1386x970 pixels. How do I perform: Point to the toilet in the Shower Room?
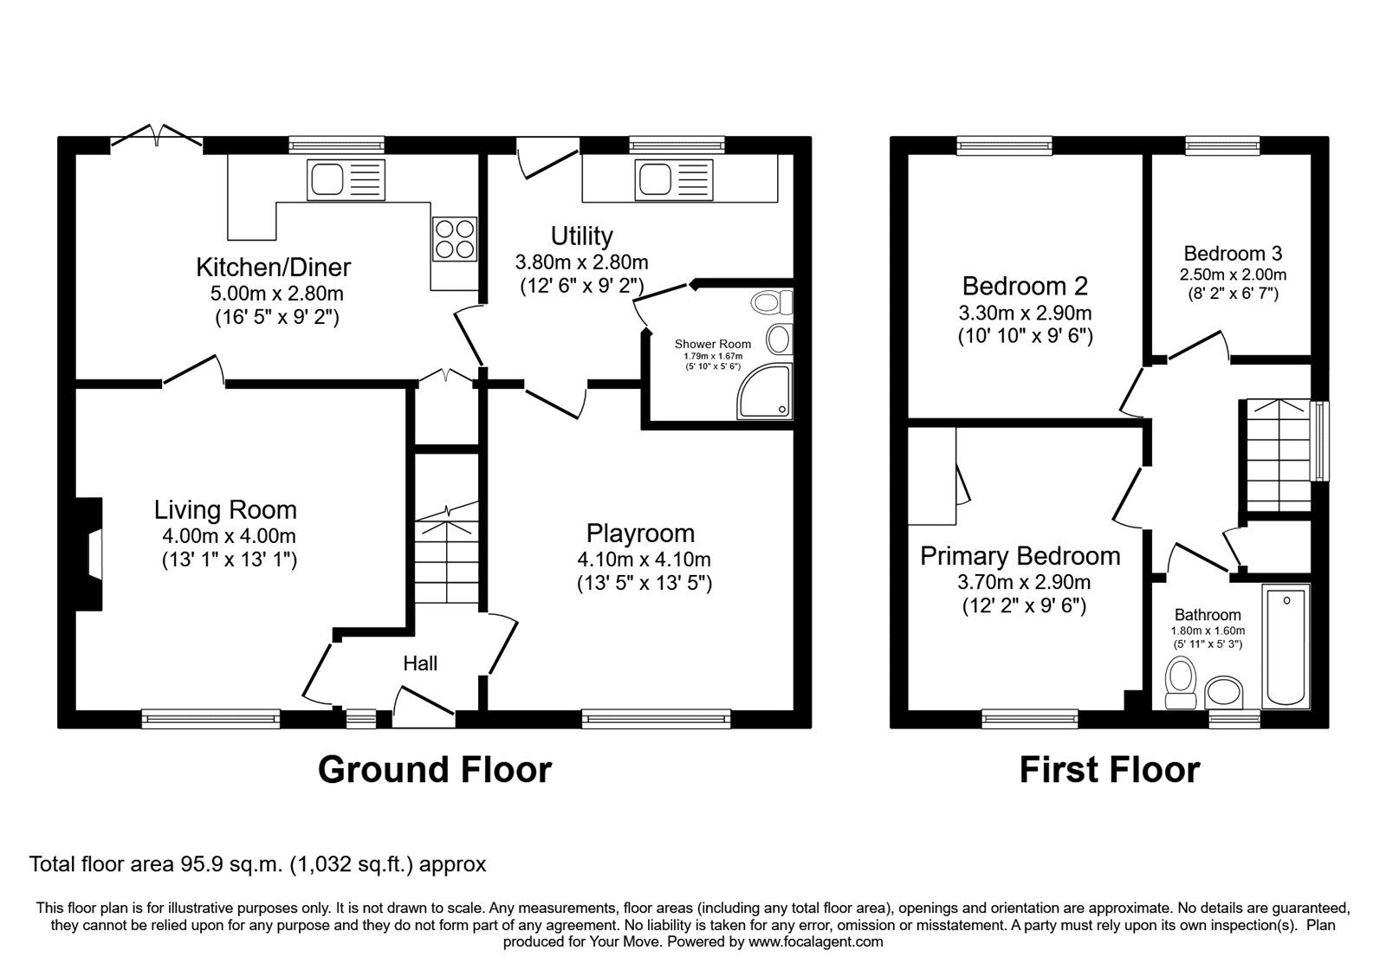point(771,302)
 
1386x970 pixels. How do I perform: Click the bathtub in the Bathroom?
point(1286,645)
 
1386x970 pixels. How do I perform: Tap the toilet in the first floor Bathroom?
point(1181,682)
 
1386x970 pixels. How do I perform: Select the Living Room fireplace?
point(90,554)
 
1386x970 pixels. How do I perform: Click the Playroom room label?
point(640,533)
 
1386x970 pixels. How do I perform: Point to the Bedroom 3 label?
point(1233,254)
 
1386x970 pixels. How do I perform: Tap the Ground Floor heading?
point(434,769)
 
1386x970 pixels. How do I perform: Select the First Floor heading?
point(1109,769)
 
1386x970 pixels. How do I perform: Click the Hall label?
point(420,663)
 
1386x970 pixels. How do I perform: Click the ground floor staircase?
point(446,554)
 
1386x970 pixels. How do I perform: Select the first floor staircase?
point(1278,455)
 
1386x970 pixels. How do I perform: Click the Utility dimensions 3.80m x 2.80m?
point(581,262)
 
